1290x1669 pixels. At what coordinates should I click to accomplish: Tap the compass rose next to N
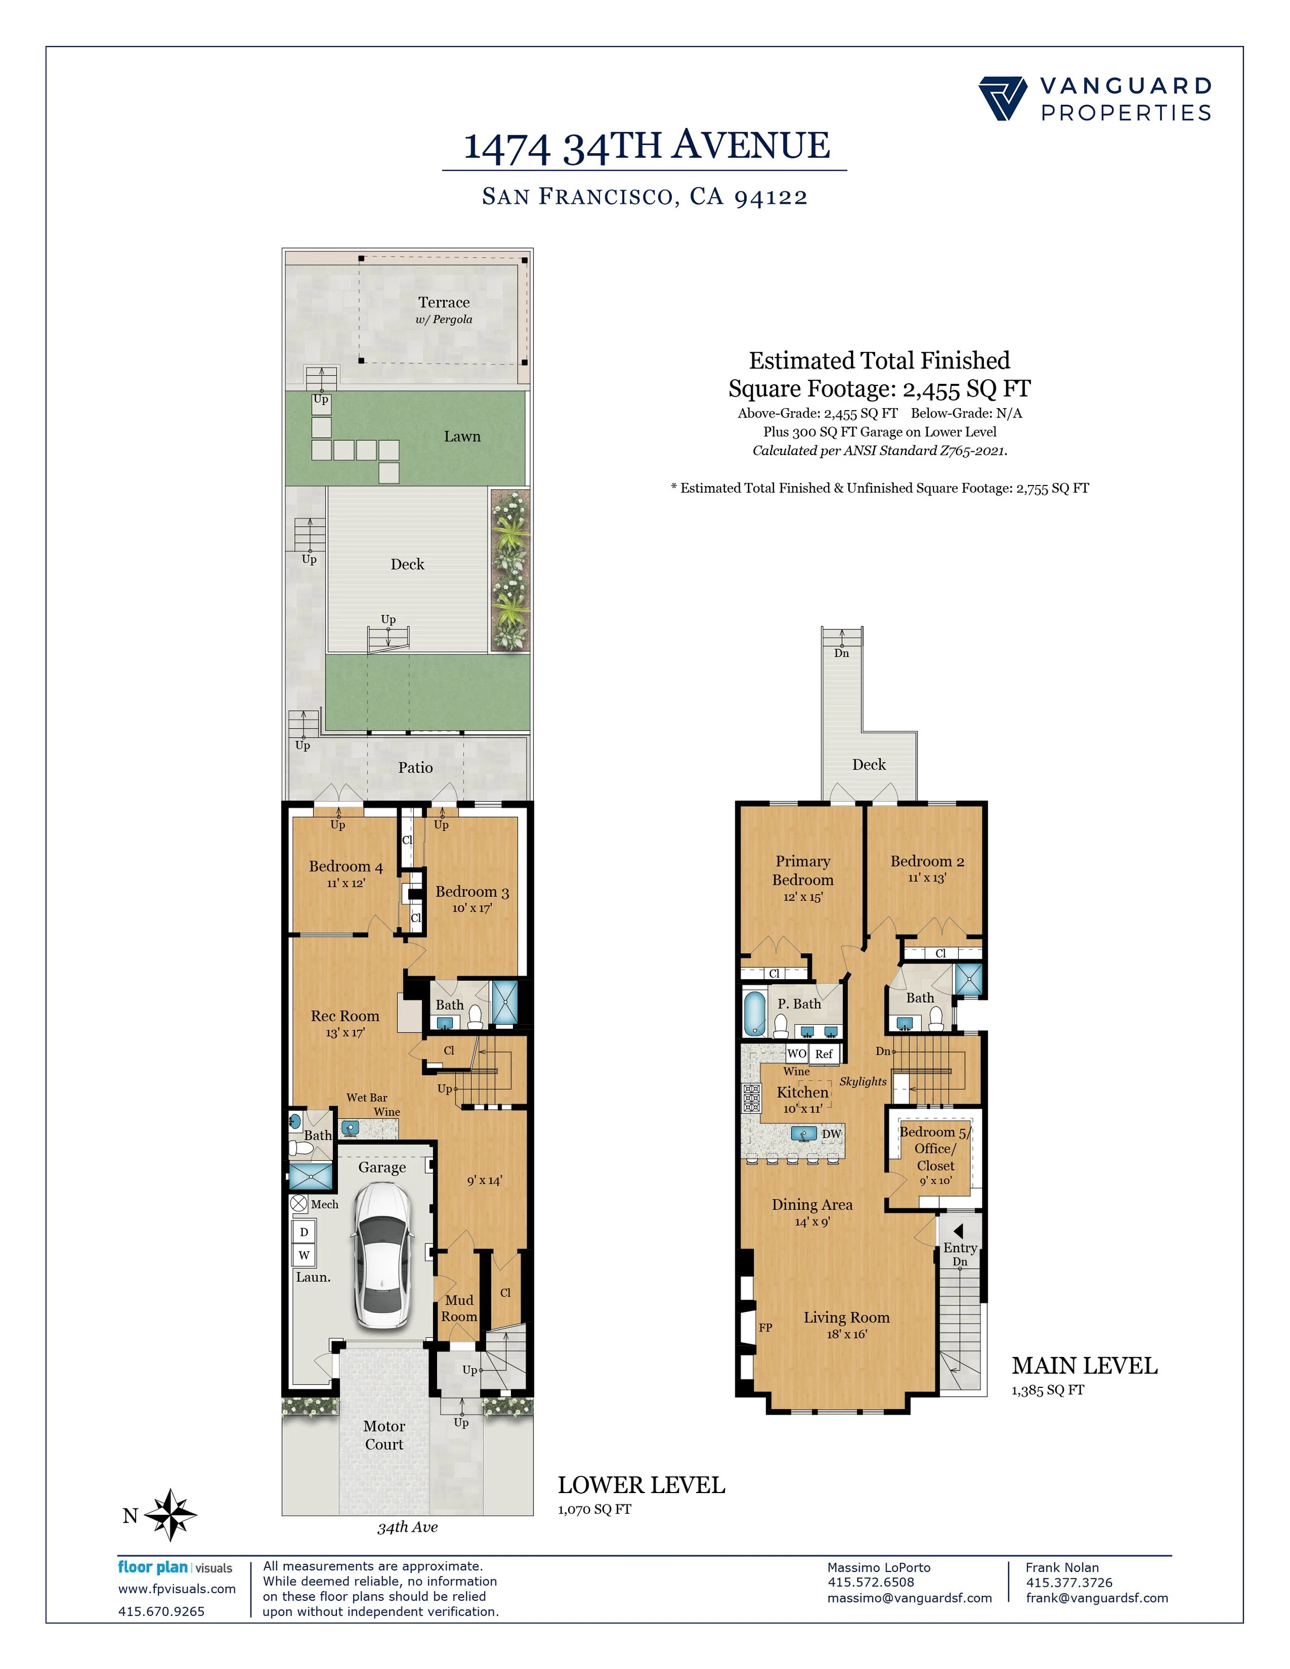point(170,1515)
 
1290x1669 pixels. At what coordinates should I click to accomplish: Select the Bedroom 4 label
point(345,866)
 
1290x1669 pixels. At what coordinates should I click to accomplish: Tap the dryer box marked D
point(304,1232)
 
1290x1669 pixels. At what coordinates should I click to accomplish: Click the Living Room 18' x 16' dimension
point(846,1334)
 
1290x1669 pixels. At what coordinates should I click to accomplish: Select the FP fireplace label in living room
point(765,1327)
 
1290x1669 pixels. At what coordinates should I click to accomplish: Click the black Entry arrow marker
point(958,1231)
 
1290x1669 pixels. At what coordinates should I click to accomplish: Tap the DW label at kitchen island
point(831,1134)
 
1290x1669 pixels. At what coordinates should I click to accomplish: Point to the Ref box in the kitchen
point(823,1054)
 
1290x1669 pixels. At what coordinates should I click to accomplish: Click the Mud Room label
point(459,1308)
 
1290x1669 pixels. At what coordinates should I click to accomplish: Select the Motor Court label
point(383,1435)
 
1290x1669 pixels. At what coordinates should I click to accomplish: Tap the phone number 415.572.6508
point(870,1583)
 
